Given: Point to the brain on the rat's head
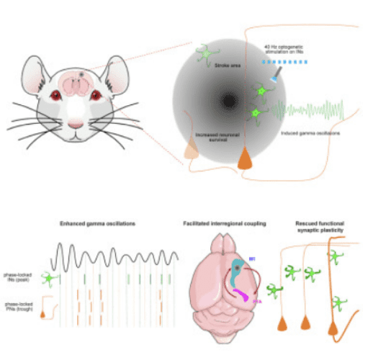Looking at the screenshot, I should [x=76, y=84].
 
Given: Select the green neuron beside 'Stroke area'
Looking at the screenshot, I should [x=207, y=53].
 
